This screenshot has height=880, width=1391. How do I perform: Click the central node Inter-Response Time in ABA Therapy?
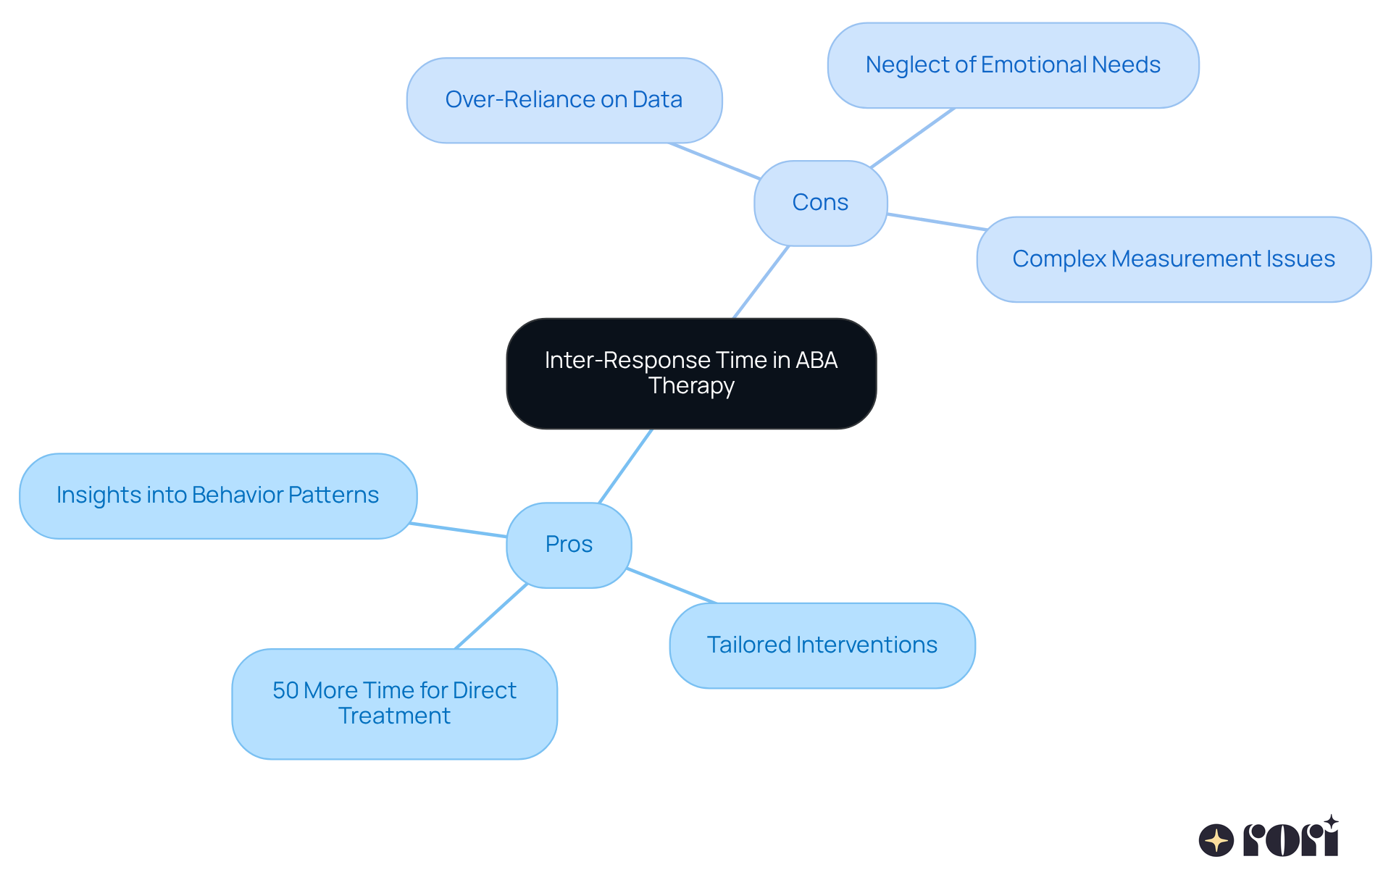pyautogui.click(x=691, y=373)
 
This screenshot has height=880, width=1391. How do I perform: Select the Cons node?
pyautogui.click(x=820, y=203)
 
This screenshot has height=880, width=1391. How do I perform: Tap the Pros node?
pyautogui.click(x=569, y=545)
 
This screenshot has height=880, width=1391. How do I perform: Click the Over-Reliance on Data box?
pyautogui.click(x=564, y=100)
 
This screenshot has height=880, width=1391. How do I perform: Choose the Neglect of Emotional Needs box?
pyautogui.click(x=1013, y=65)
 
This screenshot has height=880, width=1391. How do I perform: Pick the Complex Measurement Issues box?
pyautogui.click(x=1173, y=259)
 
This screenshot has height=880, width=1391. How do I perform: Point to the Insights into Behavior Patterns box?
pyautogui.click(x=217, y=495)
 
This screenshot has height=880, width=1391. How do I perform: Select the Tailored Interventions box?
pyautogui.click(x=822, y=645)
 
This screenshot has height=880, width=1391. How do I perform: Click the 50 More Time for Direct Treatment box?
pyautogui.click(x=394, y=703)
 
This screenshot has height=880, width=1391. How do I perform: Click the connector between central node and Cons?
pyautogui.click(x=761, y=282)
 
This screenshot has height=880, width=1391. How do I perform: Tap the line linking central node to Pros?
pyautogui.click(x=625, y=466)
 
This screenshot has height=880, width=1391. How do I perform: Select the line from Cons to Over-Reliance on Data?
pyautogui.click(x=714, y=161)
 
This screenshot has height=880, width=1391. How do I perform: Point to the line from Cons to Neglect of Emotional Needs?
pyautogui.click(x=913, y=138)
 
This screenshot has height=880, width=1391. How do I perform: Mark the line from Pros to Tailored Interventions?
pyautogui.click(x=672, y=586)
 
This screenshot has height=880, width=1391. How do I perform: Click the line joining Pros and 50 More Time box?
pyautogui.click(x=490, y=616)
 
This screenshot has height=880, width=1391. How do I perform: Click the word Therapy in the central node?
pyautogui.click(x=691, y=386)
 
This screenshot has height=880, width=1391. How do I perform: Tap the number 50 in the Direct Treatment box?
pyautogui.click(x=285, y=691)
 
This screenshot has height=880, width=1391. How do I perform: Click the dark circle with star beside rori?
pyautogui.click(x=1216, y=841)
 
